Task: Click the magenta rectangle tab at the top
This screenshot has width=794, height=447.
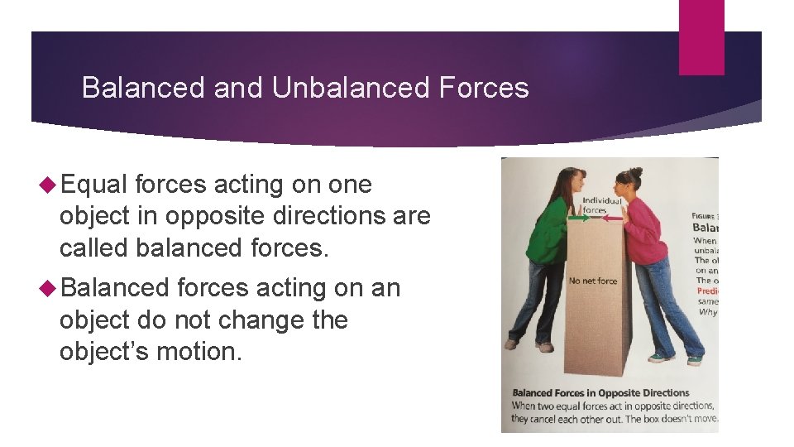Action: point(701,37)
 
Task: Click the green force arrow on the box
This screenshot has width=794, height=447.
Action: point(578,219)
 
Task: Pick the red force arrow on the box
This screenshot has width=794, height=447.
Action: point(612,219)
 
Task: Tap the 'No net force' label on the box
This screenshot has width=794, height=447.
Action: point(593,281)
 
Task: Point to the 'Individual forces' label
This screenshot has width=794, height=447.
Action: point(602,204)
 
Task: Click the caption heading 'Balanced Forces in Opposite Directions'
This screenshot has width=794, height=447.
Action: point(600,392)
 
